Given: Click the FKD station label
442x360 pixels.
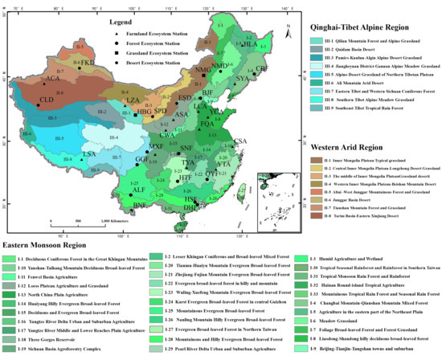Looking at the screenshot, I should click(87, 62).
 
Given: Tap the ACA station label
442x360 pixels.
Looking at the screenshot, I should click(54, 79).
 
